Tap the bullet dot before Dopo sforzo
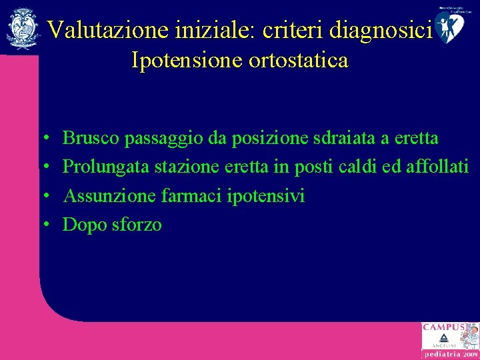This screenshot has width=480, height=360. tap(49, 225)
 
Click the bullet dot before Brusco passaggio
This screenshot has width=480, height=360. tap(49, 139)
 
